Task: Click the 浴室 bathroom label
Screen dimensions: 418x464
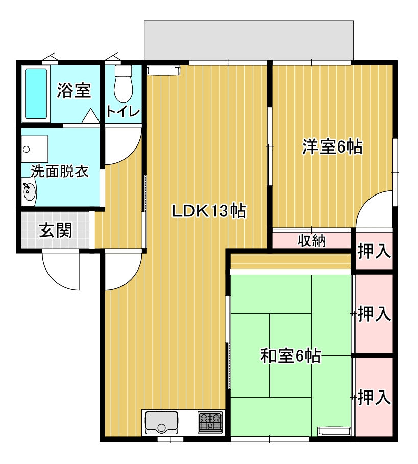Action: coord(74,90)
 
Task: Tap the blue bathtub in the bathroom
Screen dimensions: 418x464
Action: coord(36,94)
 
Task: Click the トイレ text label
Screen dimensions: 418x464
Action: coord(123,112)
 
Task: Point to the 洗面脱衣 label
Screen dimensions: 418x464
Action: coord(60,172)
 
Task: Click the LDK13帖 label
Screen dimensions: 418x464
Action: coord(209,211)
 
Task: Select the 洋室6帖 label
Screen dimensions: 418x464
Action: coord(332,146)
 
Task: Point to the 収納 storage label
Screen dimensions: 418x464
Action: coord(311,240)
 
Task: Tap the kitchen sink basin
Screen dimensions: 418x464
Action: coord(161,423)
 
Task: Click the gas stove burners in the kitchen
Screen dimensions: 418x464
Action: coord(210,422)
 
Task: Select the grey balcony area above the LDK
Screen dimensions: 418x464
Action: coord(249,40)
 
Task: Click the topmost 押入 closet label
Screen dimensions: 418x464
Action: coord(374,251)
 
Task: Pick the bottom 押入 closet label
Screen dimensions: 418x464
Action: coord(374,398)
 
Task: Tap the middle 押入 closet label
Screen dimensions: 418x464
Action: coord(374,314)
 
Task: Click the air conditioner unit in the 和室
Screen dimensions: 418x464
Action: coord(334,431)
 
